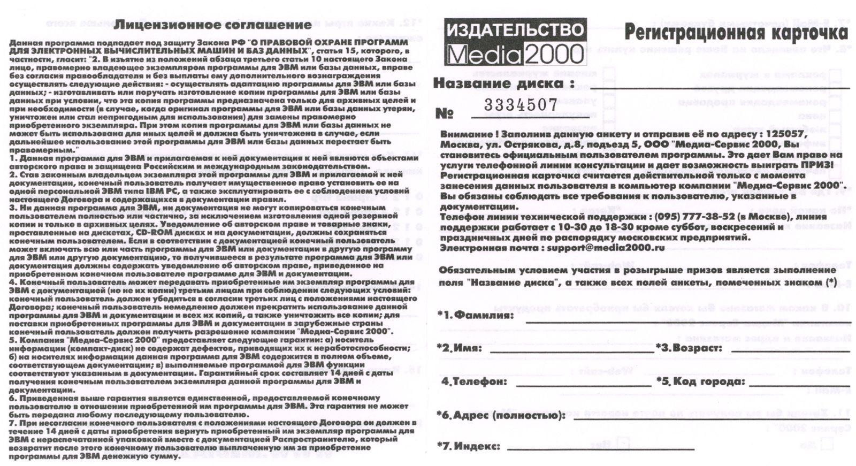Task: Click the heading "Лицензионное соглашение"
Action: pyautogui.click(x=213, y=25)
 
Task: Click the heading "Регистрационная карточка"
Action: pyautogui.click(x=736, y=33)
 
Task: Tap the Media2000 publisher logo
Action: pyautogui.click(x=515, y=42)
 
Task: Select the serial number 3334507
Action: pyautogui.click(x=521, y=105)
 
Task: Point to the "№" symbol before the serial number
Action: pyautogui.click(x=445, y=113)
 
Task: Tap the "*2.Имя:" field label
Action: pyautogui.click(x=460, y=348)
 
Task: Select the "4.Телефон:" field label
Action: pyautogui.click(x=474, y=381)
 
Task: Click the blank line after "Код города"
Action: pyautogui.click(x=799, y=385)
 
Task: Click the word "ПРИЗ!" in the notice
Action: pyautogui.click(x=816, y=165)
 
